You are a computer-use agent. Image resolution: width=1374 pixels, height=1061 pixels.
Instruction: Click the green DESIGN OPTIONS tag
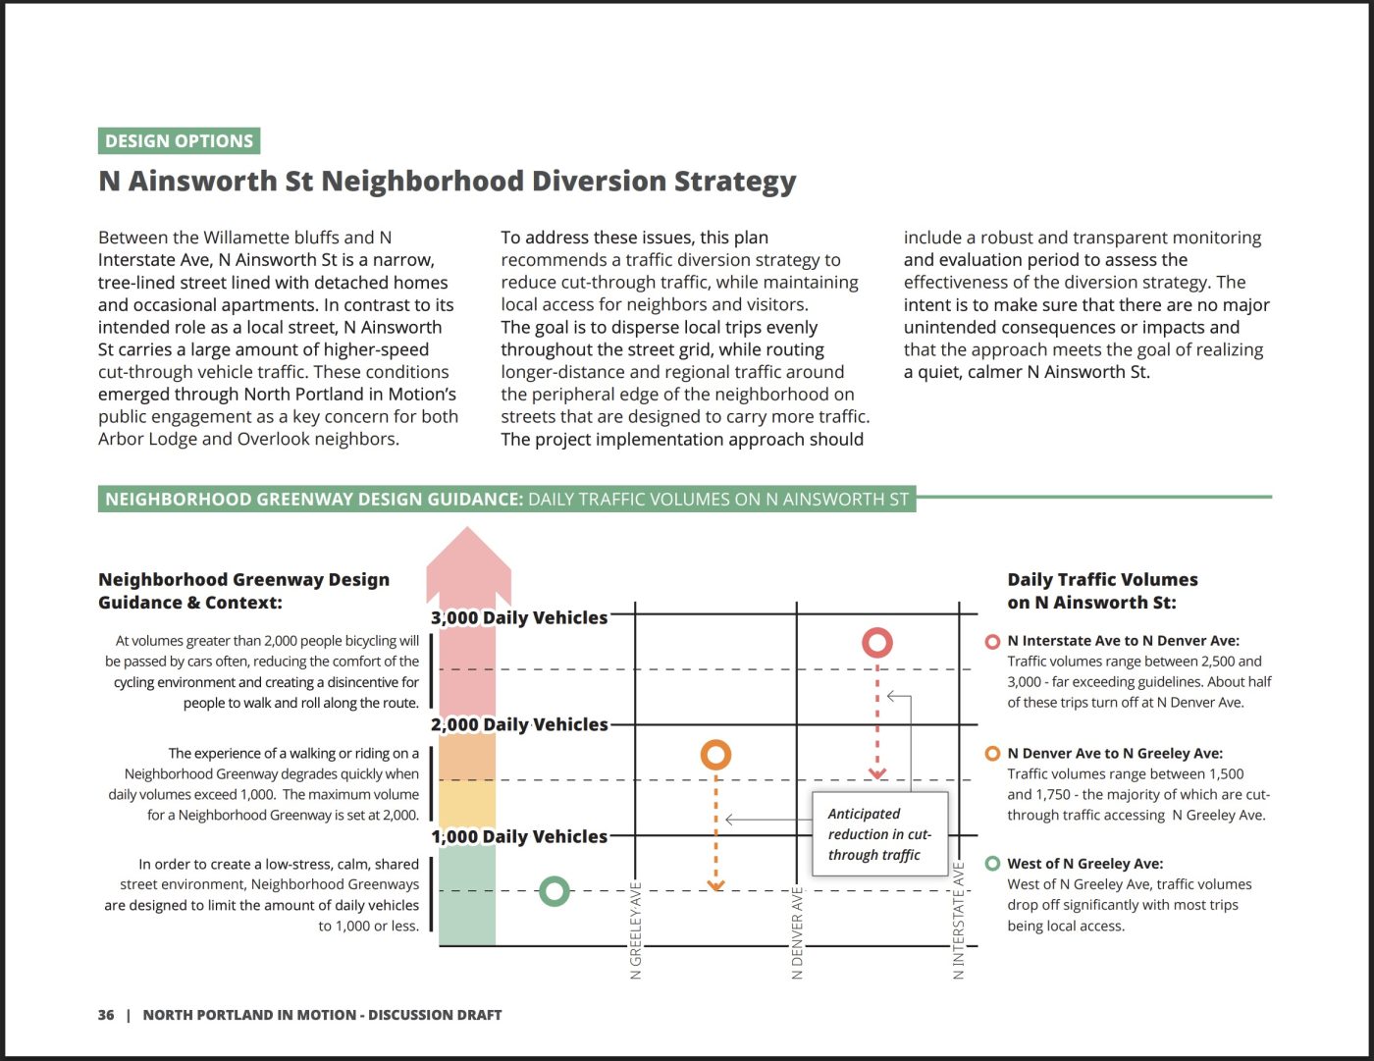pyautogui.click(x=179, y=141)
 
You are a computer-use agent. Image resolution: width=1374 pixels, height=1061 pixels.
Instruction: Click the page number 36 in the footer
pyautogui.click(x=106, y=1015)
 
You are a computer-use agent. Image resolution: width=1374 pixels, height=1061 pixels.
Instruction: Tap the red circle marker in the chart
pyautogui.click(x=876, y=643)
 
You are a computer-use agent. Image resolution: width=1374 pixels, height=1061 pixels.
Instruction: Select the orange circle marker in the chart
pyautogui.click(x=715, y=755)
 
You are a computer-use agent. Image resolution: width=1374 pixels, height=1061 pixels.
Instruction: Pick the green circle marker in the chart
pyautogui.click(x=555, y=891)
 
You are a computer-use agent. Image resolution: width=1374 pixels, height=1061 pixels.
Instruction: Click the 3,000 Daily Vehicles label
pyautogui.click(x=519, y=617)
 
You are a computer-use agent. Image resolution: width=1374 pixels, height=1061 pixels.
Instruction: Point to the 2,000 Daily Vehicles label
pyautogui.click(x=519, y=724)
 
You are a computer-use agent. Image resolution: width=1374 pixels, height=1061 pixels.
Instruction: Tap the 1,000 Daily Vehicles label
pyautogui.click(x=519, y=836)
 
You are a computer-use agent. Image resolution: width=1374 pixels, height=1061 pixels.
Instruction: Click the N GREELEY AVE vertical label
pyautogui.click(x=636, y=930)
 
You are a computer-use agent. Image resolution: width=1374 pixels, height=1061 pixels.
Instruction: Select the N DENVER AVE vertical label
pyautogui.click(x=797, y=932)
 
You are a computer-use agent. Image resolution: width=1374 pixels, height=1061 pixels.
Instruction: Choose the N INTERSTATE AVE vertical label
pyautogui.click(x=959, y=920)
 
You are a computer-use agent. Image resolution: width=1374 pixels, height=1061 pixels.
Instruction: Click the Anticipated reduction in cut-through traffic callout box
pyautogui.click(x=879, y=834)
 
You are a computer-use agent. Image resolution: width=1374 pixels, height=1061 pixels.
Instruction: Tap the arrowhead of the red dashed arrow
pyautogui.click(x=877, y=774)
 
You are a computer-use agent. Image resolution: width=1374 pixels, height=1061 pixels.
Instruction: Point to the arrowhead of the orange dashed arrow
pyautogui.click(x=715, y=886)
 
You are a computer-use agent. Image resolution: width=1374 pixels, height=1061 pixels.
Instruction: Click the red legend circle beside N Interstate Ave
pyautogui.click(x=992, y=642)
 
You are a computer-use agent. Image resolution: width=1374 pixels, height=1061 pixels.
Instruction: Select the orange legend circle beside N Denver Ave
pyautogui.click(x=992, y=754)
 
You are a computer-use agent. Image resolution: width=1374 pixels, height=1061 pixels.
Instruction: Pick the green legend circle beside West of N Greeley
pyautogui.click(x=992, y=864)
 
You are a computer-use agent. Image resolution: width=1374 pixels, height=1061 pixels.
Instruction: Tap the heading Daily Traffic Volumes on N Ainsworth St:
pyautogui.click(x=1102, y=591)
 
